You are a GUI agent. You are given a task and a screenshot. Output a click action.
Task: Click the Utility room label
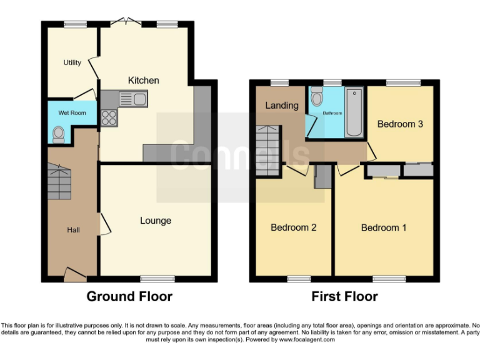(x=72, y=62)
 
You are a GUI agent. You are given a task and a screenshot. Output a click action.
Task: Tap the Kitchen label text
(x=143, y=80)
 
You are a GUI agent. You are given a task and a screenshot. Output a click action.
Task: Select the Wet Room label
(x=72, y=113)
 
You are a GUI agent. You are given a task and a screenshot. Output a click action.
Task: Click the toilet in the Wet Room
(x=59, y=134)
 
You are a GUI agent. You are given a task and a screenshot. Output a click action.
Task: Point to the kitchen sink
(x=132, y=99)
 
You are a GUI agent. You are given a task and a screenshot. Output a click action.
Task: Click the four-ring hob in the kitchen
(x=109, y=117)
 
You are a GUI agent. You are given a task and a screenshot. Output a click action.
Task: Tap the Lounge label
(x=155, y=221)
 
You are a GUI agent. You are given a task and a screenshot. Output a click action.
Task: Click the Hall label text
(x=73, y=231)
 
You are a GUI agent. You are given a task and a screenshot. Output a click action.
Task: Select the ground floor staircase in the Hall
(x=57, y=182)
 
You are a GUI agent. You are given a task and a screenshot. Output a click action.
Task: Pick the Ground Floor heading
(x=129, y=296)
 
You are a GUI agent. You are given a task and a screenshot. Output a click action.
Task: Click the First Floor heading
(x=344, y=296)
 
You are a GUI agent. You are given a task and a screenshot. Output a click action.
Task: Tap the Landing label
(x=281, y=105)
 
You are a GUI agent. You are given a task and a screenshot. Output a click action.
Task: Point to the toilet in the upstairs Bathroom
(x=316, y=97)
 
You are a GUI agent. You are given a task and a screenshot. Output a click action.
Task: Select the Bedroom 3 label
(x=400, y=124)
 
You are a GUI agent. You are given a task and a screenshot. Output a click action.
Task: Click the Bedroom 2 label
(x=293, y=227)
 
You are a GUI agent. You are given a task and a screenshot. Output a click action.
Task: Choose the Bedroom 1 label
(x=384, y=227)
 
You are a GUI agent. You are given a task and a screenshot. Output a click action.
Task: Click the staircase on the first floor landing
(x=267, y=150)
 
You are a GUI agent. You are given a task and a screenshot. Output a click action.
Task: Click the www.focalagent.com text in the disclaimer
(x=307, y=340)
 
